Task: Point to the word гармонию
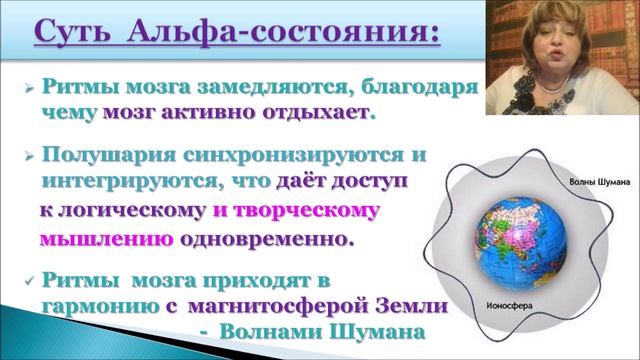click(x=95, y=306)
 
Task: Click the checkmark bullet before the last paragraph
click(x=30, y=282)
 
